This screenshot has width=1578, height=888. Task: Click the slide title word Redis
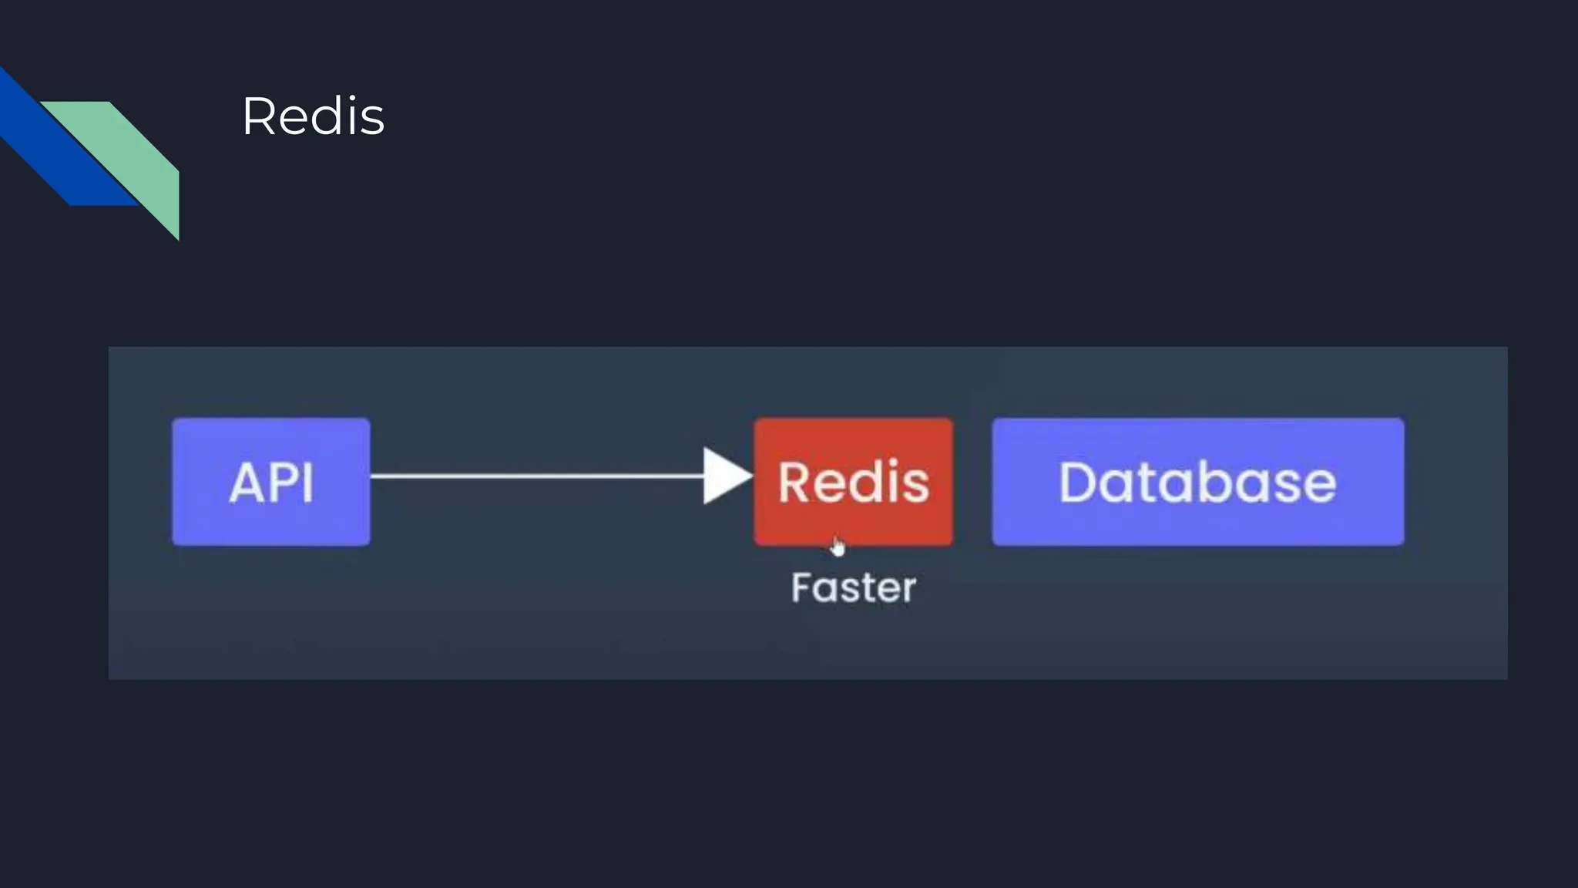coord(313,117)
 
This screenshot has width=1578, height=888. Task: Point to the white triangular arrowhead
coord(724,476)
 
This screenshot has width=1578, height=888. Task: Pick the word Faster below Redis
coord(854,588)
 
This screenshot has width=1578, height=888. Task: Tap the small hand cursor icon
coord(838,547)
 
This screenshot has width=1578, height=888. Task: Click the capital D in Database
coord(1077,483)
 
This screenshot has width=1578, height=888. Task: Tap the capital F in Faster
coord(802,588)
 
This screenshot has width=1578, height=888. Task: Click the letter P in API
coord(284,483)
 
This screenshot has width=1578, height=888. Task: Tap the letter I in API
coord(308,483)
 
